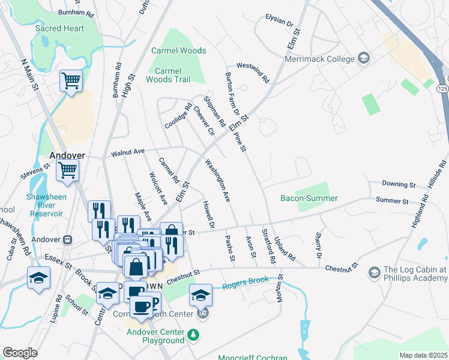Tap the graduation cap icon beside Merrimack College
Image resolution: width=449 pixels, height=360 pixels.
point(363,58)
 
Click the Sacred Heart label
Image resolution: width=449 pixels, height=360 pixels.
point(59,28)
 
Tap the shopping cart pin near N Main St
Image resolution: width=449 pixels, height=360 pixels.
point(71,80)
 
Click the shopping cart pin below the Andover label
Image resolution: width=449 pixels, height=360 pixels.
point(67,170)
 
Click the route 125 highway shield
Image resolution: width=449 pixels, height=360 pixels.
point(442,88)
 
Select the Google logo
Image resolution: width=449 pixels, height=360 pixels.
point(20,352)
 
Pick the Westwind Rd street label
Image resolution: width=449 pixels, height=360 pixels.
point(253,72)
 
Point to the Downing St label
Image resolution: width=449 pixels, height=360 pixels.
point(399,184)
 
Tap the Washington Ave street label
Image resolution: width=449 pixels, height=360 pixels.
point(218,179)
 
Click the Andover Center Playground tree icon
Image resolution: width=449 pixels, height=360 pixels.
point(193,334)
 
